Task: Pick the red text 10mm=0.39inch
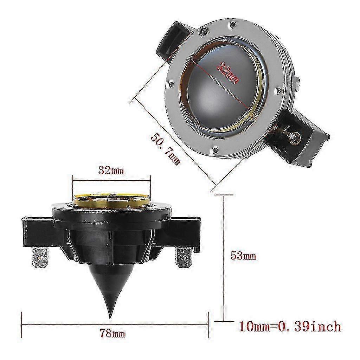point(290,326)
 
